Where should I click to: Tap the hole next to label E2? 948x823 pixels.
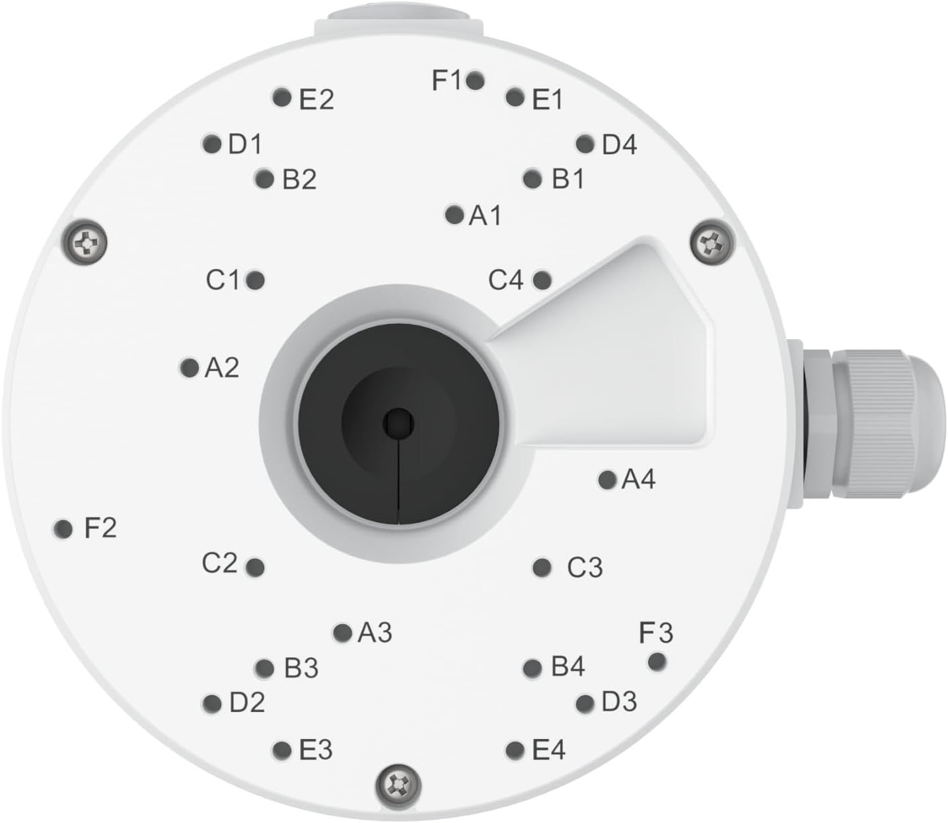click(x=281, y=98)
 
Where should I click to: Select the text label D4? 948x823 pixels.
click(x=619, y=145)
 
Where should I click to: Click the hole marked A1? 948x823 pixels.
click(x=454, y=215)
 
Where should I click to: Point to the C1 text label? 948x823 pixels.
click(x=223, y=280)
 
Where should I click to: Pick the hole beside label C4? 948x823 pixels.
click(x=542, y=280)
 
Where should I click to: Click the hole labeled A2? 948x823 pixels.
click(x=189, y=368)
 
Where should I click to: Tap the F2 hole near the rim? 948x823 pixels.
click(x=63, y=528)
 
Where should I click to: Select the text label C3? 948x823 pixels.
click(x=585, y=567)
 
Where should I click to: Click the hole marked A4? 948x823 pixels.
click(x=607, y=480)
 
